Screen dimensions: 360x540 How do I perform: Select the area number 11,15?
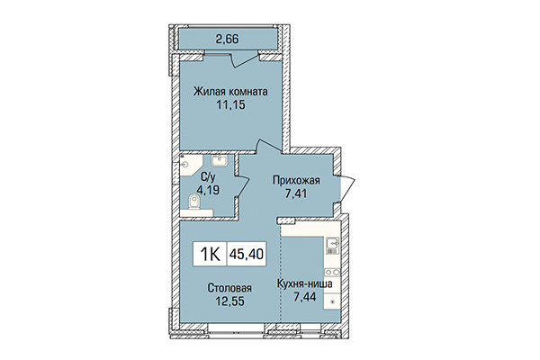[231, 104]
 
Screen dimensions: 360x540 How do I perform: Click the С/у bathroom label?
[207, 176]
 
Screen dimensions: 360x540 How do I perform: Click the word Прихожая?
[297, 180]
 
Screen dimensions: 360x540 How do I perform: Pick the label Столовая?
[229, 288]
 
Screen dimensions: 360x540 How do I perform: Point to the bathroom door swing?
[242, 181]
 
